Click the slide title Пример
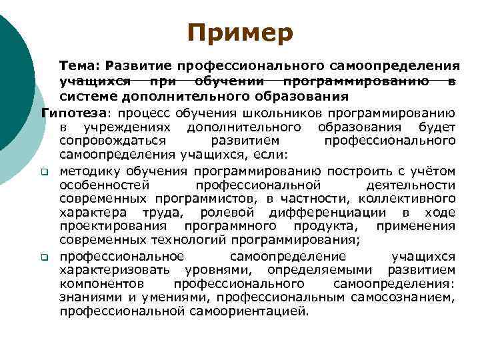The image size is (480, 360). (239, 33)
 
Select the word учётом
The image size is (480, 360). (433, 171)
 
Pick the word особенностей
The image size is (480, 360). (104, 185)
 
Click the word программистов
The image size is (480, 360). (211, 199)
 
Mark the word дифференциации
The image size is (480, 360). (327, 213)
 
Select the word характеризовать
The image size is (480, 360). (113, 270)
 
